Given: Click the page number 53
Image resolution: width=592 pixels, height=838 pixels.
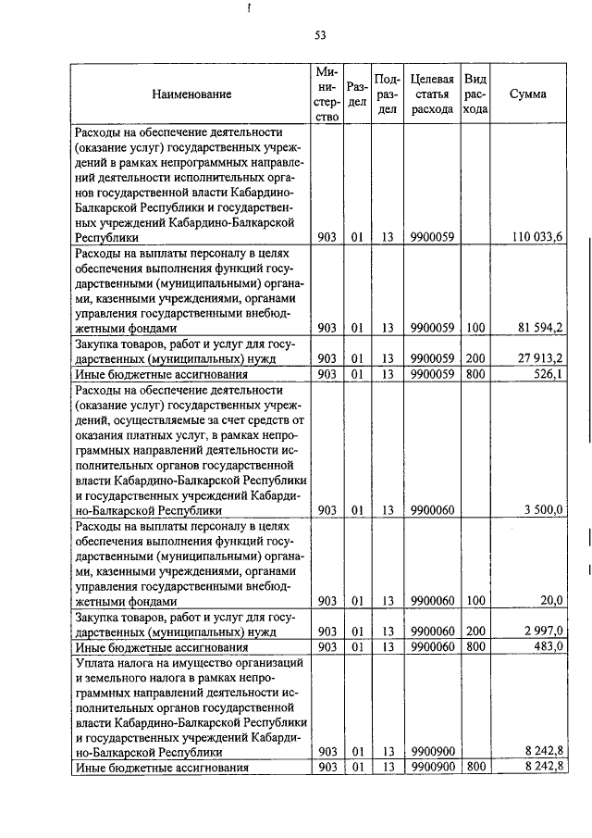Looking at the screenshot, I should tap(320, 35).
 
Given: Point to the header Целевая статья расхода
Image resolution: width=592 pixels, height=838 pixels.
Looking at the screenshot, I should tap(432, 94).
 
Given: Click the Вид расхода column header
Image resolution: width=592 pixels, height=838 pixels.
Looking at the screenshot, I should tap(475, 94).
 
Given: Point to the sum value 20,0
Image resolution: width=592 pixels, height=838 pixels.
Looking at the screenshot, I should tap(551, 600).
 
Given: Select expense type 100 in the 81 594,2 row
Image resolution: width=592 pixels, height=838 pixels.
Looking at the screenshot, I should tap(475, 328).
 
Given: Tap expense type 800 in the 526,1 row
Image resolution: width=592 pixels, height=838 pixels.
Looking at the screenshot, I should tap(475, 374).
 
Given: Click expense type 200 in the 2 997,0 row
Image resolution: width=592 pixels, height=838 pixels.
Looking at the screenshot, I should tap(475, 631).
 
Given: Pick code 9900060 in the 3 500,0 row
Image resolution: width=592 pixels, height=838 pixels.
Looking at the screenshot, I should tap(432, 509).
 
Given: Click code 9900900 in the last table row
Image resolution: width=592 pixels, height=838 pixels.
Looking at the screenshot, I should tap(432, 767).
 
